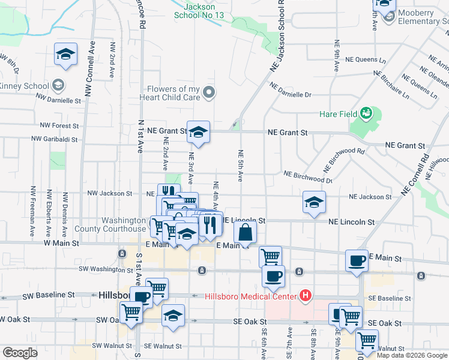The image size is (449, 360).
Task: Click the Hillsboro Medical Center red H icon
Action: pyautogui.click(x=306, y=295)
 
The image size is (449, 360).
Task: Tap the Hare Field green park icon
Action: pyautogui.click(x=366, y=113)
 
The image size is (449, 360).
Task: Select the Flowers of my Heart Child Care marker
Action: pyautogui.click(x=209, y=92)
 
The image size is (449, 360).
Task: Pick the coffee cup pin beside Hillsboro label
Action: pyautogui.click(x=142, y=297)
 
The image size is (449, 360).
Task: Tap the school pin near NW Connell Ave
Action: pyautogui.click(x=65, y=54)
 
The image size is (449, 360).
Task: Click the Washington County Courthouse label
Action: pyautogui.click(x=110, y=224)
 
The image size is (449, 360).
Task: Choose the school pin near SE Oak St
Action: pyautogui.click(x=173, y=315)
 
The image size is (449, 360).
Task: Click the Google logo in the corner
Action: pyautogui.click(x=20, y=353)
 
